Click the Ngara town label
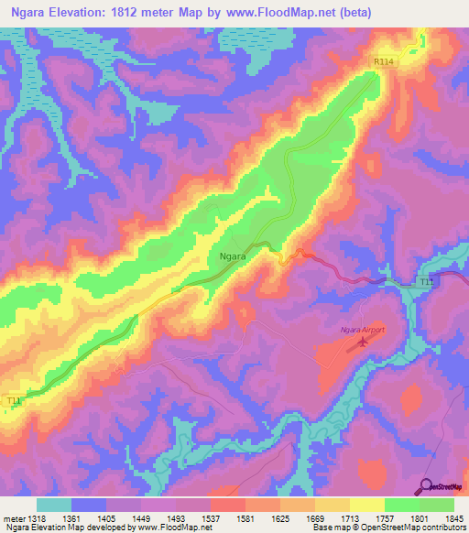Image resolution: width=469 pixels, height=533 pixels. [x=233, y=257]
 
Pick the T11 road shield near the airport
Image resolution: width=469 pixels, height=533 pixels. [x=424, y=282]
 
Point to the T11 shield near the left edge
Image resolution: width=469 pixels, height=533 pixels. [x=14, y=401]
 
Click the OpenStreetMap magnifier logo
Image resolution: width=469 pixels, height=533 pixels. [x=424, y=485]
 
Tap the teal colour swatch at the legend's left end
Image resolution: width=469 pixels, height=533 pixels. [x=54, y=504]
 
